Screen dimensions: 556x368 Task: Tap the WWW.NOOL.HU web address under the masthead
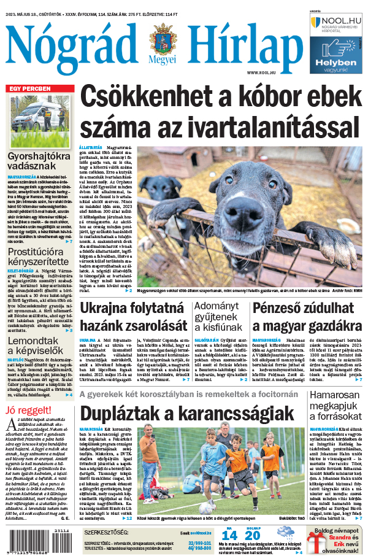[x=265, y=73]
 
